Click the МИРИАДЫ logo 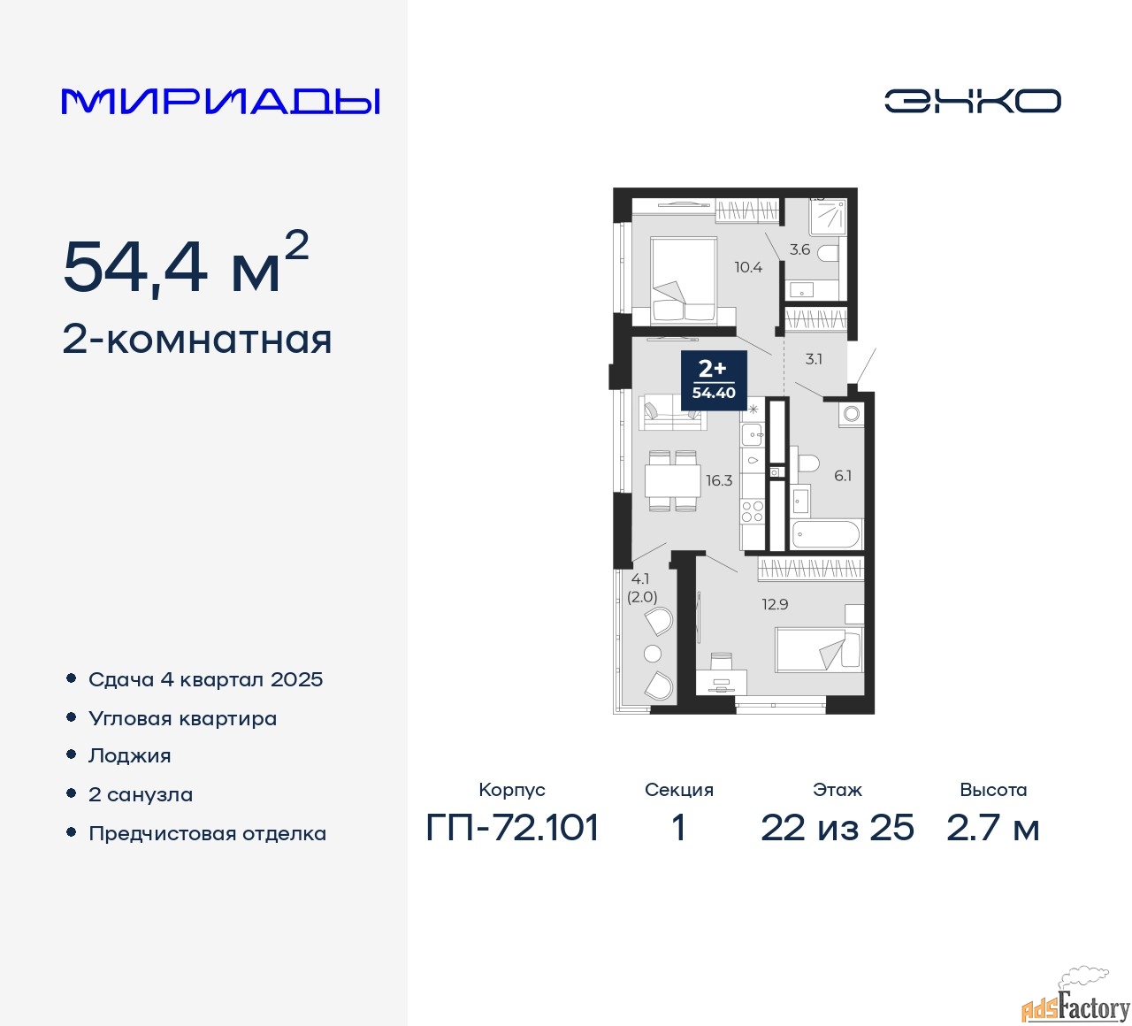pyautogui.click(x=220, y=102)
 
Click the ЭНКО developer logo pyautogui.click(x=972, y=101)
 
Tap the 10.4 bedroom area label pyautogui.click(x=747, y=267)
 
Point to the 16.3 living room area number pyautogui.click(x=719, y=480)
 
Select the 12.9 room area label pyautogui.click(x=775, y=604)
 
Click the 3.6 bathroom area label pyautogui.click(x=799, y=249)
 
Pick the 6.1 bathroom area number pyautogui.click(x=843, y=476)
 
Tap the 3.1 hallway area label pyautogui.click(x=813, y=358)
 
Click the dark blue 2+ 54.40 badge pyautogui.click(x=714, y=380)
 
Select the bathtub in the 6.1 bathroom pyautogui.click(x=827, y=534)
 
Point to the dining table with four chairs pyautogui.click(x=673, y=480)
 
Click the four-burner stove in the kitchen pyautogui.click(x=753, y=511)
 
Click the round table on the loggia pyautogui.click(x=653, y=654)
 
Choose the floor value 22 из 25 pyautogui.click(x=837, y=828)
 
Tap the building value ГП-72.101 pyautogui.click(x=512, y=828)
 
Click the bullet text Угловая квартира pyautogui.click(x=182, y=718)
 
